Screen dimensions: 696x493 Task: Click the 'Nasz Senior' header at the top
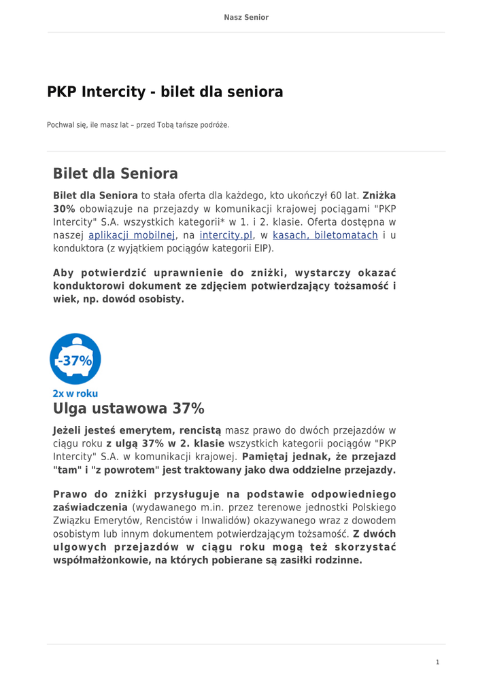[246, 18]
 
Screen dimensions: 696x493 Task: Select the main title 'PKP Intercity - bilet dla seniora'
[165, 92]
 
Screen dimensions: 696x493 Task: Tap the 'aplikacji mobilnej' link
[132, 235]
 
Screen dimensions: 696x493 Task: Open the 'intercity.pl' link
[226, 235]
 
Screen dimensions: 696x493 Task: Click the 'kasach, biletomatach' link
[325, 235]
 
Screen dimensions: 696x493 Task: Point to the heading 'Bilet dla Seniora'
[116, 173]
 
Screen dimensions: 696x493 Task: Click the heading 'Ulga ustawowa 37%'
[129, 408]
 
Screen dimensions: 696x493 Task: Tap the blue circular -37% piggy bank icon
[75, 359]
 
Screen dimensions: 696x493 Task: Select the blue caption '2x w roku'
[75, 394]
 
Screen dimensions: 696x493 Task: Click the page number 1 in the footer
[438, 662]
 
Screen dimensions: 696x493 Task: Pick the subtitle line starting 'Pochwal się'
[138, 125]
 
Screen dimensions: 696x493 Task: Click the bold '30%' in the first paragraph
[64, 209]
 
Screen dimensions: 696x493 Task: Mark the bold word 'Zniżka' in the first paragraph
[379, 196]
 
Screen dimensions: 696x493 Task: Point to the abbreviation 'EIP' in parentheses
[261, 248]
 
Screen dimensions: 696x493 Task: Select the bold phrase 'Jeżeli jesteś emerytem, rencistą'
[137, 430]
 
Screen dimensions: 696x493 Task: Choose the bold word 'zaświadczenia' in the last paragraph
[90, 508]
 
